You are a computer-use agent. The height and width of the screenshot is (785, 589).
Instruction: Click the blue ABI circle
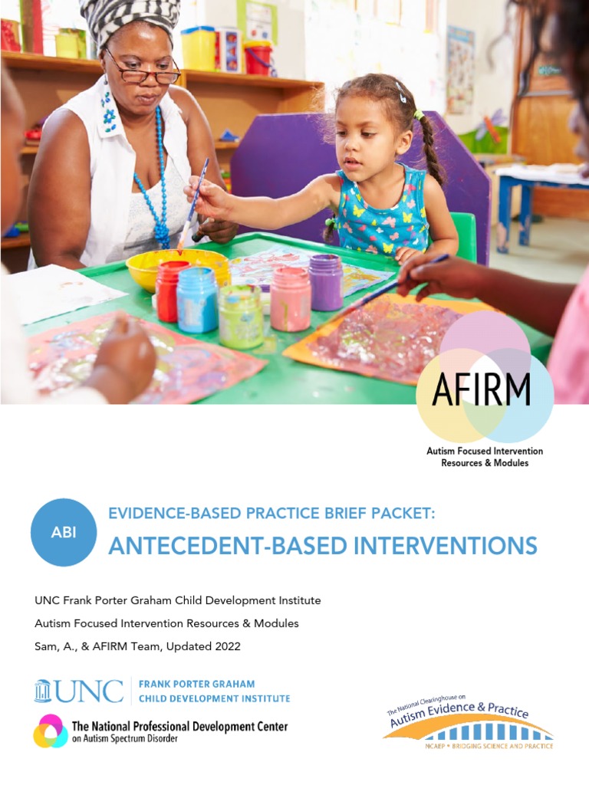point(64,532)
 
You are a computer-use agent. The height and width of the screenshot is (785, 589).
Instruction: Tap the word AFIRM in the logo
point(481,389)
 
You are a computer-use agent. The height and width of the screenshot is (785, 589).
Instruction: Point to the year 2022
point(227,646)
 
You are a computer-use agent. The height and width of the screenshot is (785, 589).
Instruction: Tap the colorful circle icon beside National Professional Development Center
point(50,731)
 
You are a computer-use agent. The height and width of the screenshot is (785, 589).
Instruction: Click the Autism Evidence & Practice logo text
point(459,718)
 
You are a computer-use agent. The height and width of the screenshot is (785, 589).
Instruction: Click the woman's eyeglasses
point(143,70)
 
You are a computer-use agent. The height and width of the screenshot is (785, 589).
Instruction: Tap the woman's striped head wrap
point(130,19)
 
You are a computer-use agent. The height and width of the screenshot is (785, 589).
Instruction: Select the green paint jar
point(240,315)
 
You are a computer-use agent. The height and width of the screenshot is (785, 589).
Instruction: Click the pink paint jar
point(291,298)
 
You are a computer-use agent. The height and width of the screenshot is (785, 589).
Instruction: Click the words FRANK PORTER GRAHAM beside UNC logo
point(196,683)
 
